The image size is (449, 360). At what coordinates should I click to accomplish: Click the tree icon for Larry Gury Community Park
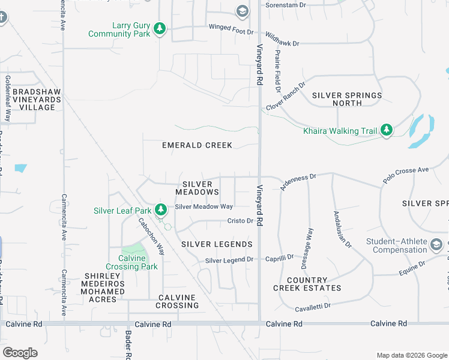pyautogui.click(x=159, y=29)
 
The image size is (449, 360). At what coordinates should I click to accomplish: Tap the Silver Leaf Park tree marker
pyautogui.click(x=160, y=210)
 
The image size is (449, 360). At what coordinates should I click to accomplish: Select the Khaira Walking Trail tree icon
pyautogui.click(x=387, y=130)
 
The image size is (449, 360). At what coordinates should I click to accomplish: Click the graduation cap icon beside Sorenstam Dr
pyautogui.click(x=241, y=11)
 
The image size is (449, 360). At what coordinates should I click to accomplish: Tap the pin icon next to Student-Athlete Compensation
pyautogui.click(x=436, y=245)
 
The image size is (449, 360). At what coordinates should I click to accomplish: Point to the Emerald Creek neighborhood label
pyautogui.click(x=197, y=145)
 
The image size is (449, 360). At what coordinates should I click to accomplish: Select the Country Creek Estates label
pyautogui.click(x=307, y=284)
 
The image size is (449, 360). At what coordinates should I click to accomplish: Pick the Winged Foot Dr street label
pyautogui.click(x=228, y=27)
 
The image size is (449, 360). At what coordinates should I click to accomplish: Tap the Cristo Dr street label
pyautogui.click(x=240, y=221)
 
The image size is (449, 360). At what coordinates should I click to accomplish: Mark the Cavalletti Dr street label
pyautogui.click(x=313, y=307)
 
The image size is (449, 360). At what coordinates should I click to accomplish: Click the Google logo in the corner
pyautogui.click(x=20, y=353)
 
